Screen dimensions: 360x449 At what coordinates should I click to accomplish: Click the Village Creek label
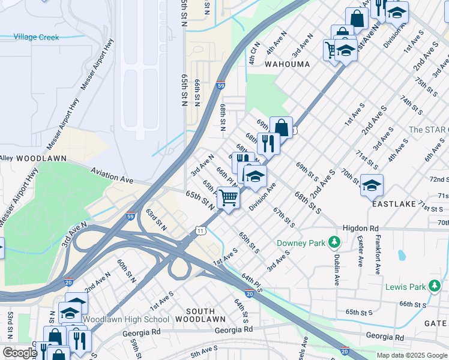(x=37, y=37)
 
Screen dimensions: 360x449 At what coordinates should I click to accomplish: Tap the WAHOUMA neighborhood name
(x=288, y=64)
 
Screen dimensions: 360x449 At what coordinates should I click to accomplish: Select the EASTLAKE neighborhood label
(x=394, y=204)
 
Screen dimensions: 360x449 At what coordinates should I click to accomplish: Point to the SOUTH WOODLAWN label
(x=205, y=315)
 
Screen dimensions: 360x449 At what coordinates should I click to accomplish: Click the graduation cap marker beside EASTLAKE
(x=372, y=184)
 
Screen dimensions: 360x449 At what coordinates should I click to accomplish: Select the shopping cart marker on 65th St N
(x=228, y=197)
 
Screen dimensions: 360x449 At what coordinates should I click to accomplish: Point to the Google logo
(x=19, y=353)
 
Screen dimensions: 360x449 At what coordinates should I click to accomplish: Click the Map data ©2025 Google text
(x=412, y=355)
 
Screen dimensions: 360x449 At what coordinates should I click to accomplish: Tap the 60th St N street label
(x=125, y=270)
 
